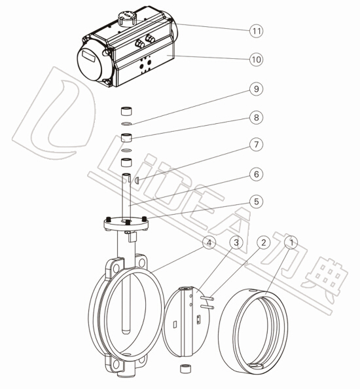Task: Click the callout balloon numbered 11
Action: [256, 31]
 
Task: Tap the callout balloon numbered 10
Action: [256, 60]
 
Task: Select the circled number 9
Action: [256, 89]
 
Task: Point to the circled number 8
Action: [256, 117]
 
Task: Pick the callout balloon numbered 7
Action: [256, 144]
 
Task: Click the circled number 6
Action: [256, 174]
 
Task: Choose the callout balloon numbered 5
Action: [256, 202]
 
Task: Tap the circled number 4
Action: [209, 242]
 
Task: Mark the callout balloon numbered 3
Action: [236, 242]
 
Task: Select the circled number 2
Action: [263, 242]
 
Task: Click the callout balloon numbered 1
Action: [291, 242]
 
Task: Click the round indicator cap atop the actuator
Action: [127, 18]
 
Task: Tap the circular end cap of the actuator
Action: [90, 64]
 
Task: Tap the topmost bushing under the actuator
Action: [126, 111]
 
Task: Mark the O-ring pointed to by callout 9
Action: [126, 123]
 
